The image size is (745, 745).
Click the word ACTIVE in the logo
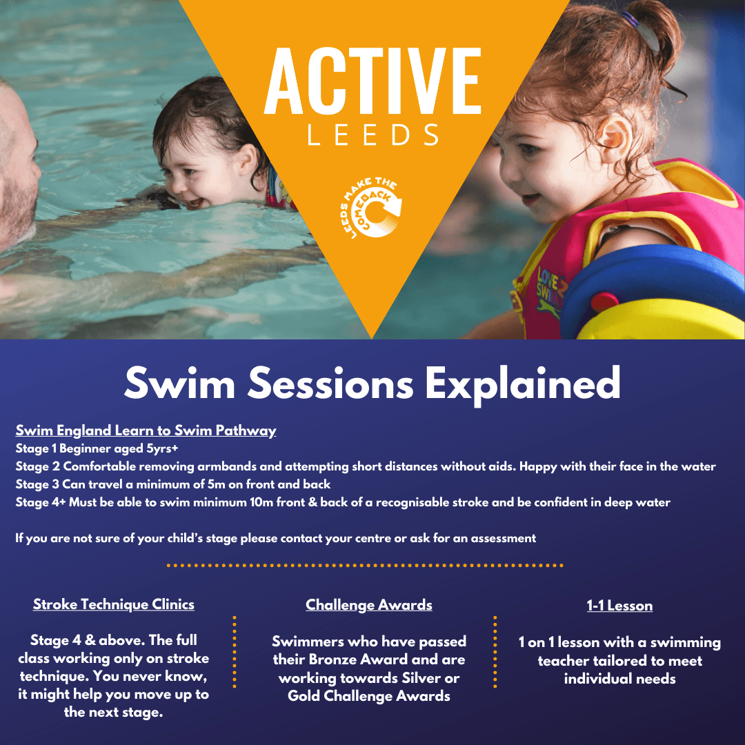[372, 81]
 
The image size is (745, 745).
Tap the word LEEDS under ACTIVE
[373, 135]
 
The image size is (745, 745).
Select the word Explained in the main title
[523, 384]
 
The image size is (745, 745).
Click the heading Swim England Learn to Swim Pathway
[146, 430]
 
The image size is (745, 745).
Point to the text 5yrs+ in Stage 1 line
[162, 448]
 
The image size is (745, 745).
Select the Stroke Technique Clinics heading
[114, 604]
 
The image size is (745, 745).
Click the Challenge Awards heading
[368, 605]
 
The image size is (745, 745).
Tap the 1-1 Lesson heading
[619, 606]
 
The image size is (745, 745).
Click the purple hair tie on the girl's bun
[630, 19]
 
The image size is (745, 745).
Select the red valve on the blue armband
[604, 302]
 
